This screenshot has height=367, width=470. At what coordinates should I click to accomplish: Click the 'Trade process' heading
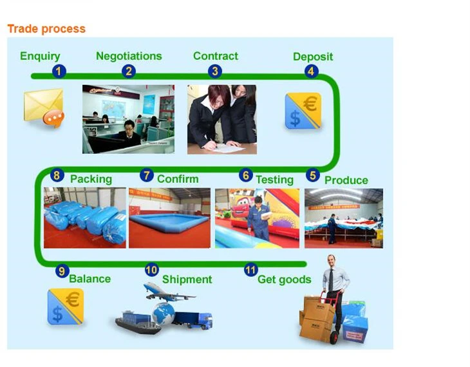point(46,29)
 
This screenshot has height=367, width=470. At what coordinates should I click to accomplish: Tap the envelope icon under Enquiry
point(44,106)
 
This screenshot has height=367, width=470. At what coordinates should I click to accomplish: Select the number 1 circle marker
point(59,71)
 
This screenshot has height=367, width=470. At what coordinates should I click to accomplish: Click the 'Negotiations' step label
point(129,56)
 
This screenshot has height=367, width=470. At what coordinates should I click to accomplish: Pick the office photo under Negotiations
point(128,119)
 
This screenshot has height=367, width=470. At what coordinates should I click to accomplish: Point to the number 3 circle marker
point(215,71)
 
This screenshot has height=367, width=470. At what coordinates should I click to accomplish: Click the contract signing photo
point(221,119)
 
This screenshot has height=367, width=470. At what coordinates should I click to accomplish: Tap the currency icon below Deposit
point(303,110)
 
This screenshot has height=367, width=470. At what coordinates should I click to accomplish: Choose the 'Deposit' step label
point(313,57)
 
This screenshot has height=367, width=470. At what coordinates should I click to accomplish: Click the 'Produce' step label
point(346,180)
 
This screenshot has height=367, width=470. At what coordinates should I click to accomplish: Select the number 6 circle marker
point(245,175)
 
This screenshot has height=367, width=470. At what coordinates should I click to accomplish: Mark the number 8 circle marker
point(57,175)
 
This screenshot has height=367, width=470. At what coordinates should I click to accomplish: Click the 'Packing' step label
point(91,179)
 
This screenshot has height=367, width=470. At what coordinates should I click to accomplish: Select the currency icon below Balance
point(65,306)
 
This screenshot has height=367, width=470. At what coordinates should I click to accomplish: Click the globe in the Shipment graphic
point(163,314)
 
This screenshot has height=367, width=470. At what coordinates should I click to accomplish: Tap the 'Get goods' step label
point(284,279)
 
